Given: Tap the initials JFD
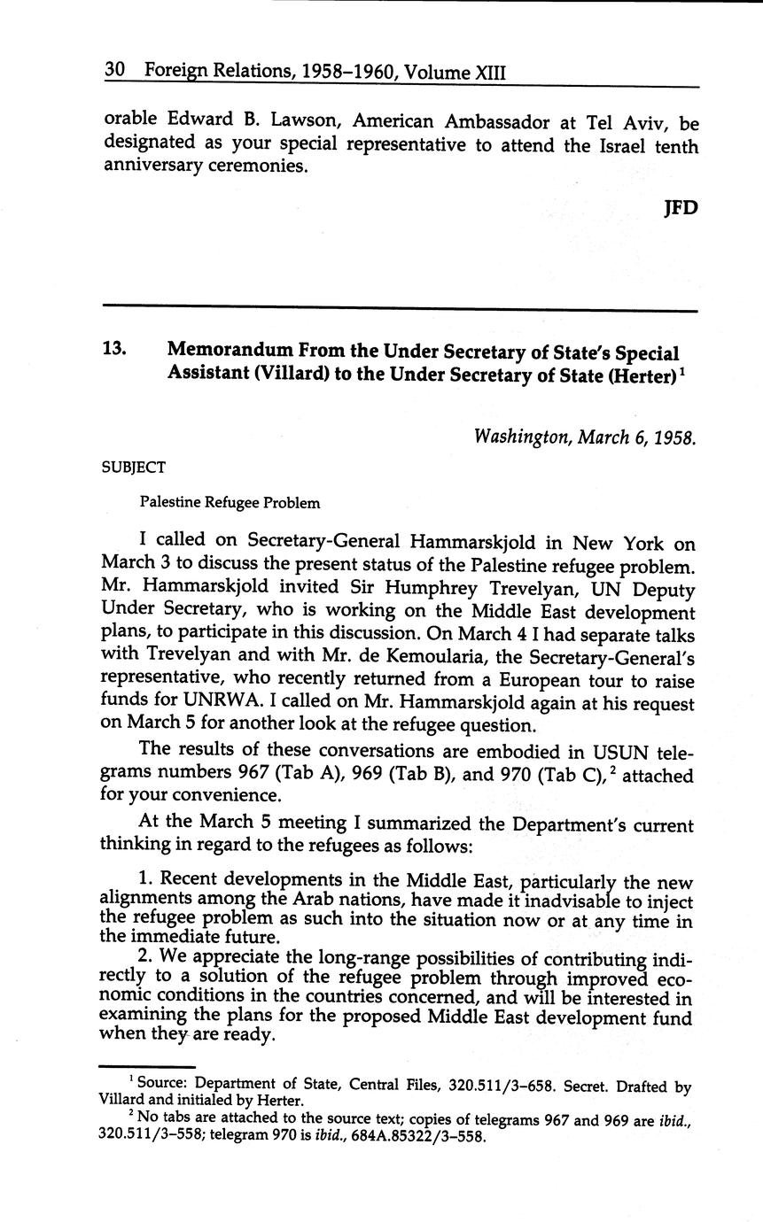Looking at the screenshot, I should tap(680, 207).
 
